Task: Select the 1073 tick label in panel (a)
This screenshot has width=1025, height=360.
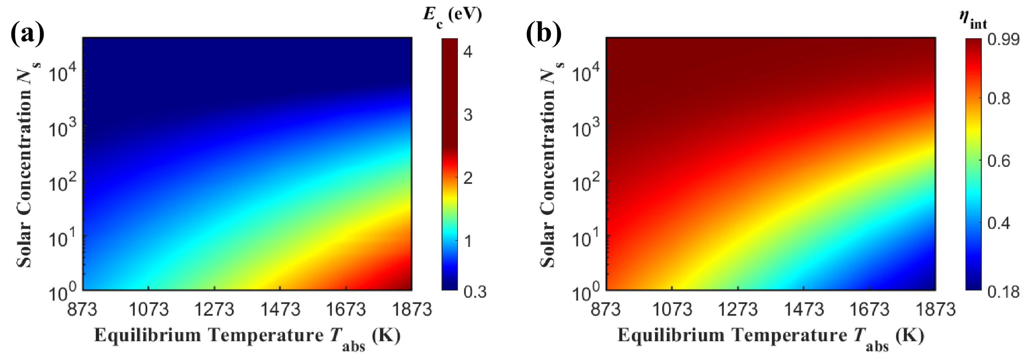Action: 148,309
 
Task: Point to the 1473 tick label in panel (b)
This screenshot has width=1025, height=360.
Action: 804,309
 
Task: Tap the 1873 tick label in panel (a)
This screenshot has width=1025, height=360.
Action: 412,309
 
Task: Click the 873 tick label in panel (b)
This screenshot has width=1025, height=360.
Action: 605,309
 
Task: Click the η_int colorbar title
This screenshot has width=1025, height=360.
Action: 972,20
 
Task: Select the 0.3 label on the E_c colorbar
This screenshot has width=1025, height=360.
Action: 475,292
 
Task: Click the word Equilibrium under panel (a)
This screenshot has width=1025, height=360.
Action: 147,335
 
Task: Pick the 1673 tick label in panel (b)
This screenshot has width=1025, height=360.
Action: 869,309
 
